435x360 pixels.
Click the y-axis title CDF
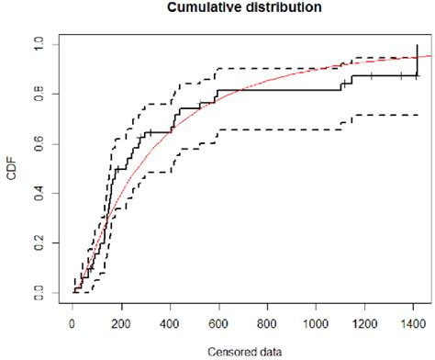(x=13, y=171)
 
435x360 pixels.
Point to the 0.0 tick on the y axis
(x=37, y=292)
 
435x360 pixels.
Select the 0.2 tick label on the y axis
(x=37, y=242)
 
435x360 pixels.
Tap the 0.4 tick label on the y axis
(x=37, y=193)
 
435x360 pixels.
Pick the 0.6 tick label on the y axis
(x=37, y=143)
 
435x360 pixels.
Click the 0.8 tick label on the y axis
(x=37, y=94)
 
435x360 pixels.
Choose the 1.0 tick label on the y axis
(x=37, y=44)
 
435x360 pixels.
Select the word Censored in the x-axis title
(x=221, y=350)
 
